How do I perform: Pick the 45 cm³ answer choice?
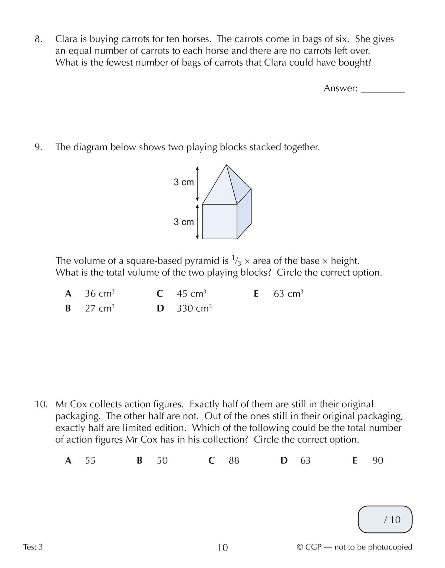(191, 293)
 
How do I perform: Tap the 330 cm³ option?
(194, 308)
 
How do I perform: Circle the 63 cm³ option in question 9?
(288, 293)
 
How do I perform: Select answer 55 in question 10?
(90, 460)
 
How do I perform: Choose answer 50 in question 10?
(162, 460)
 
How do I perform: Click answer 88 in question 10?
(234, 460)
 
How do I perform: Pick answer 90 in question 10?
(378, 460)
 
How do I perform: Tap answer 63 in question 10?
(305, 460)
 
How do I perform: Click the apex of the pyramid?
(226, 165)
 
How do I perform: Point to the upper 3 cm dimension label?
(184, 182)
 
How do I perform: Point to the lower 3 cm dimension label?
(184, 222)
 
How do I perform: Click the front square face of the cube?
(220, 221)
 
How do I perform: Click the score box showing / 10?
(385, 519)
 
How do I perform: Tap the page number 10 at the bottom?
(222, 547)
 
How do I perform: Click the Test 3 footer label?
(33, 547)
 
